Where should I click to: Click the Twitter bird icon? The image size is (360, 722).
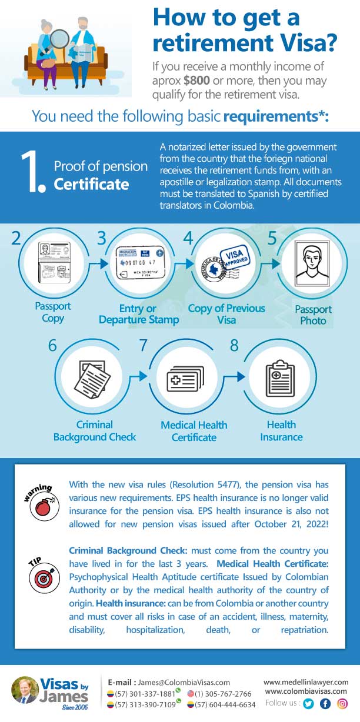coord(308,703)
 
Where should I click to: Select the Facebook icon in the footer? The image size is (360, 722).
coord(325,703)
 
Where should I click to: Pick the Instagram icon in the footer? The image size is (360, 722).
coord(342,703)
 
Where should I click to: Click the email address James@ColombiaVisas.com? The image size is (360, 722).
coord(184,682)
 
